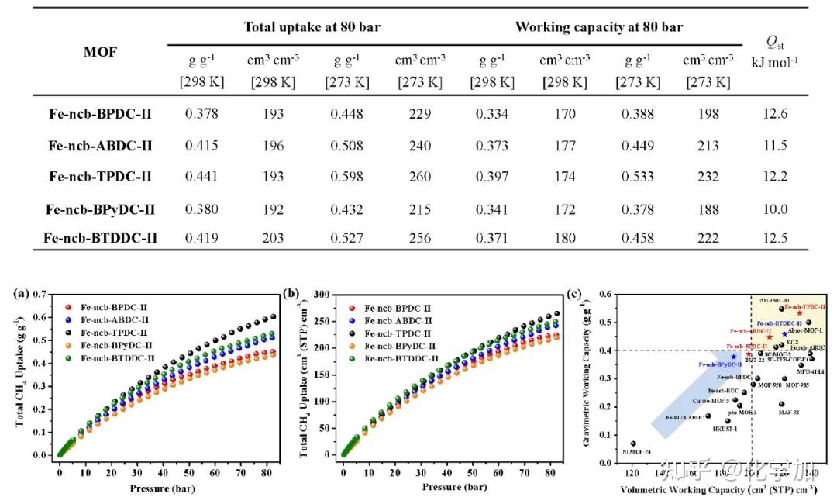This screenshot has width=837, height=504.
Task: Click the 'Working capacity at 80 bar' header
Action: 598,27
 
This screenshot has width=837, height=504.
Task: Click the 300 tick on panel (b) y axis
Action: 325,295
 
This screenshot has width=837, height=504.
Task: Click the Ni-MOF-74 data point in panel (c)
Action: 633,444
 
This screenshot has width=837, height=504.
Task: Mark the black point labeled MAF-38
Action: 781,404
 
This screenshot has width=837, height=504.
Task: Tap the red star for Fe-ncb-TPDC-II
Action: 799,313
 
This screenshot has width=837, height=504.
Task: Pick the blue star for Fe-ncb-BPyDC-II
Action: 733,357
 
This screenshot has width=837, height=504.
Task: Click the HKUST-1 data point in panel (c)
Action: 727,421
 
